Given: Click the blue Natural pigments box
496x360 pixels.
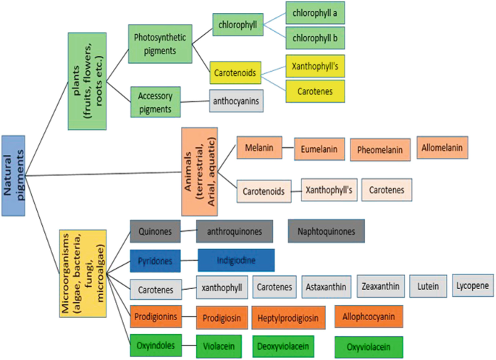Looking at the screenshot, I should point(13,175).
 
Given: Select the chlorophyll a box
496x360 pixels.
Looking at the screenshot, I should point(314,13).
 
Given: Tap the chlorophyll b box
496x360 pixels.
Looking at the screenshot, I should point(314,37).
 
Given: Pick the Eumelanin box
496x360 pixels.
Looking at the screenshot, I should point(319,149).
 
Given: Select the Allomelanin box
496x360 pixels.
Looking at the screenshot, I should point(442,148).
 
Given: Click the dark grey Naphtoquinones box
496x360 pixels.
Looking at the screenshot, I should point(326,231).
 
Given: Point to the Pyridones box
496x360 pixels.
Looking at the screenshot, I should point(155,259).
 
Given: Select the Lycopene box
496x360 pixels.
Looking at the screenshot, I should point(474,285).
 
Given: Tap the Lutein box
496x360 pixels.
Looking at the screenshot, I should point(428,287).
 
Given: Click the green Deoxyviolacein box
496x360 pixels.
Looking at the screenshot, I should point(283,346).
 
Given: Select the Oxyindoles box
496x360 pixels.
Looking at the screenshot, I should point(155,346).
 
